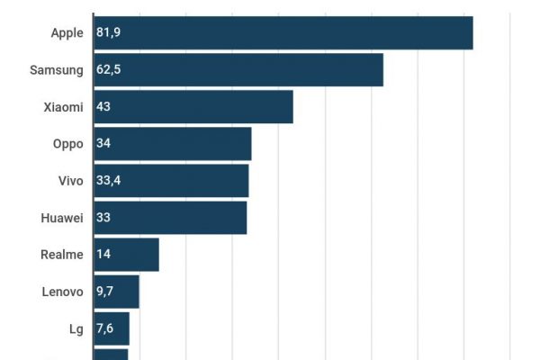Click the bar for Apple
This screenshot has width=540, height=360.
click(x=283, y=33)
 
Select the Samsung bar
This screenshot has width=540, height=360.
click(x=238, y=70)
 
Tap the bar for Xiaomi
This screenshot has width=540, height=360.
click(x=193, y=107)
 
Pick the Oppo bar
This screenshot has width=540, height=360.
click(x=172, y=144)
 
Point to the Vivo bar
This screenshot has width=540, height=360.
click(x=170, y=181)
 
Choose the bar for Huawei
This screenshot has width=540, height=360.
click(x=169, y=218)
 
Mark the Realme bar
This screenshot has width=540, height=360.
click(x=125, y=255)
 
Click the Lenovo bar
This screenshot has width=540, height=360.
click(x=115, y=292)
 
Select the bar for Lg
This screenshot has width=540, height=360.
click(x=111, y=328)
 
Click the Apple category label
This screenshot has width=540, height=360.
click(x=67, y=33)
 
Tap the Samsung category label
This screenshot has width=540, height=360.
click(x=56, y=70)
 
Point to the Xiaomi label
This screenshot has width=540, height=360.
click(x=63, y=107)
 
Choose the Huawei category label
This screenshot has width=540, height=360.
click(x=62, y=218)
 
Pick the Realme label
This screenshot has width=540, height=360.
click(x=62, y=255)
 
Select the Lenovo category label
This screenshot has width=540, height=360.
click(x=62, y=292)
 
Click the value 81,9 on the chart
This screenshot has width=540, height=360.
click(x=109, y=33)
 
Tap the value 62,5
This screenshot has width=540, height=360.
click(x=109, y=70)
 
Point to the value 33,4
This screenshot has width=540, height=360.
click(x=109, y=181)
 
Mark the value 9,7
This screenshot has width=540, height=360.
click(x=104, y=292)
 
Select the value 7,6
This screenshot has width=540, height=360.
click(x=104, y=328)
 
